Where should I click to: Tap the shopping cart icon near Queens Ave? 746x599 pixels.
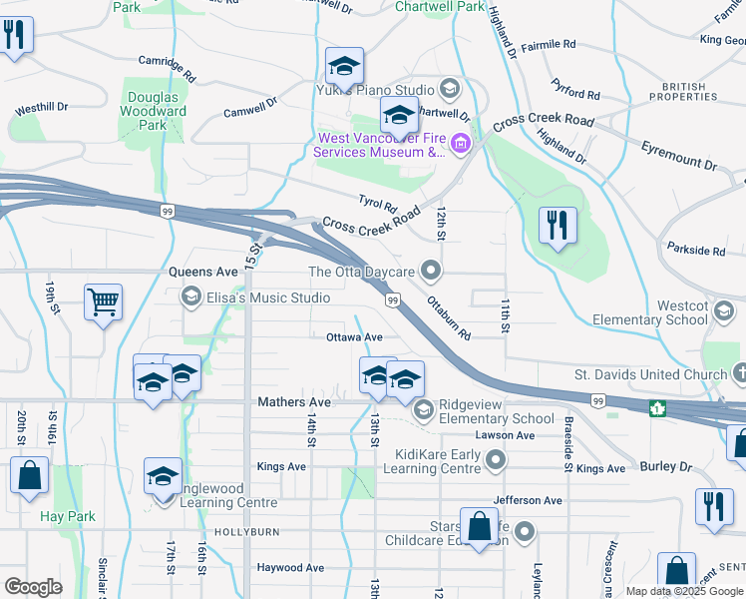click(104, 302)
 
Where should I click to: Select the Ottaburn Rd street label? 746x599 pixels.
click(448, 315)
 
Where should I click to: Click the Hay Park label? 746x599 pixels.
click(67, 516)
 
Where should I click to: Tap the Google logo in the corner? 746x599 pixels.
click(33, 587)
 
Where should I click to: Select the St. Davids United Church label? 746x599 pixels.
click(650, 374)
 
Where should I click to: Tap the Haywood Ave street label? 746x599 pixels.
click(290, 567)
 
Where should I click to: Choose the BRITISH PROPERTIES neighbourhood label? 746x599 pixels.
click(684, 91)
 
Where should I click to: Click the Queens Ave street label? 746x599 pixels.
click(203, 271)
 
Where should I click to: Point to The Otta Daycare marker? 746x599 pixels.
click(431, 270)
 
